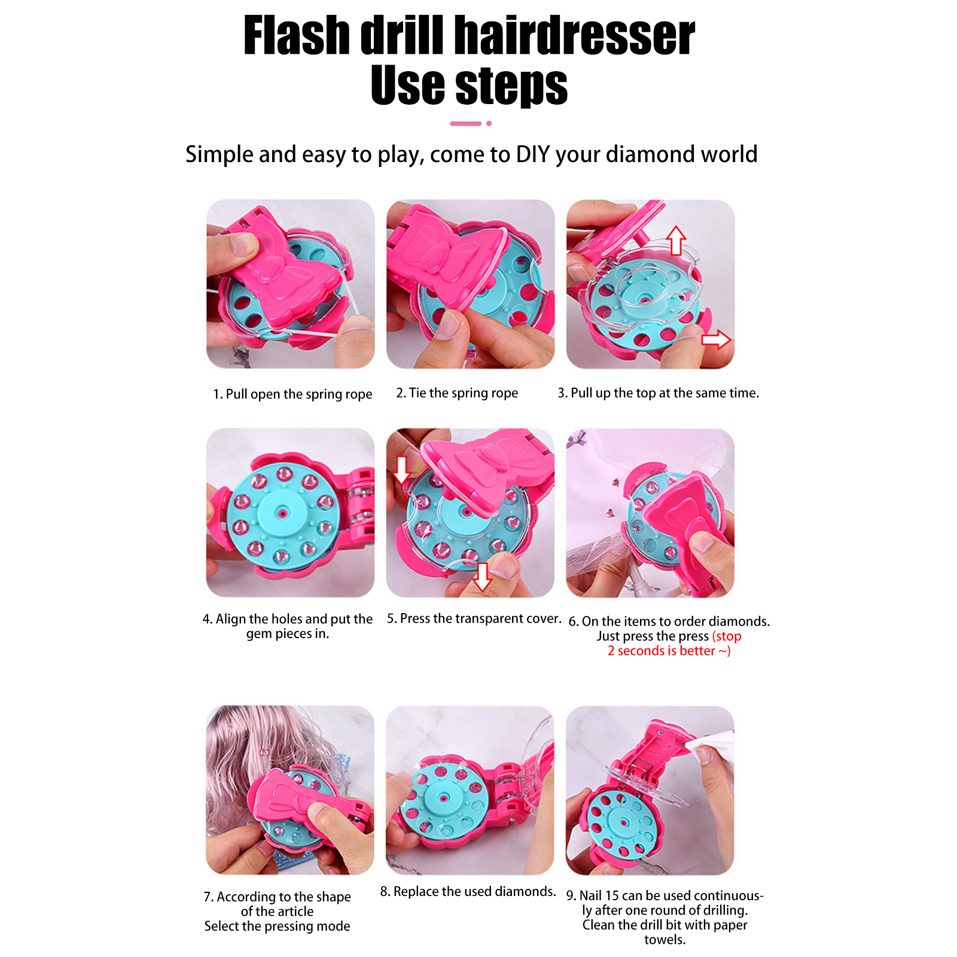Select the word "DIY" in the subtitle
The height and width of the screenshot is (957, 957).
(x=533, y=154)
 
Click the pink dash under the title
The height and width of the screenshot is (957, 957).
(x=466, y=123)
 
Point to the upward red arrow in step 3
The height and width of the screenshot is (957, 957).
(x=676, y=240)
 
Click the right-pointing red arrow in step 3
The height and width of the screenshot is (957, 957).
(x=716, y=340)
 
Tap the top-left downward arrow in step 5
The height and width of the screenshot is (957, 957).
(x=402, y=470)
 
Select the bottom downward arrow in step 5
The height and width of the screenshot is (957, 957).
(x=482, y=577)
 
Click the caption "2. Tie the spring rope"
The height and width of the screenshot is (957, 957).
(x=457, y=393)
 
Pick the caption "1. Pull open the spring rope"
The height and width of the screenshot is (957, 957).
(x=292, y=394)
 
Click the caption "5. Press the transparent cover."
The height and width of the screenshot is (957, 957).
(x=474, y=618)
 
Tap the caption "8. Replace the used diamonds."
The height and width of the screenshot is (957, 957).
(x=468, y=891)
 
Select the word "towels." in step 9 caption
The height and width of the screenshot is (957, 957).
(x=665, y=940)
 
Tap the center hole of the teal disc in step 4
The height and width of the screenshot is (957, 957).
(x=282, y=513)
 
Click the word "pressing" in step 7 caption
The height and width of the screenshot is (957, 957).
(x=291, y=926)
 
